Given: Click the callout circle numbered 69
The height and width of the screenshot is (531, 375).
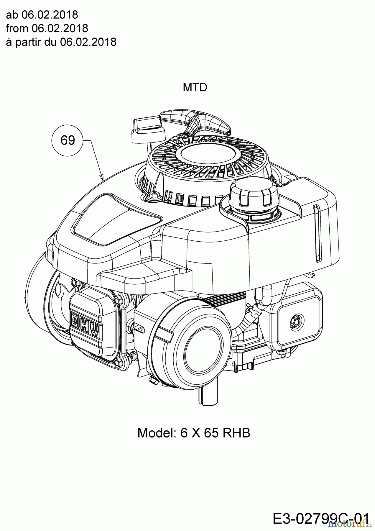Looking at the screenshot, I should (x=68, y=140).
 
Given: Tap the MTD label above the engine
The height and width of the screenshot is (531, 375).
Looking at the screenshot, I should (x=195, y=87).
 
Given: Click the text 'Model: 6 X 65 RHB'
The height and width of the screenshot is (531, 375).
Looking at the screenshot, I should (x=194, y=433).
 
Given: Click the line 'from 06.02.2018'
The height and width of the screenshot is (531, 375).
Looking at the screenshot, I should (x=47, y=28).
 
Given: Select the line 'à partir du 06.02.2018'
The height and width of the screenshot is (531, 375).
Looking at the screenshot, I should (x=61, y=42).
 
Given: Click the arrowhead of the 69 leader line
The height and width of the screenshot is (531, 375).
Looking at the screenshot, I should (x=102, y=179).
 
